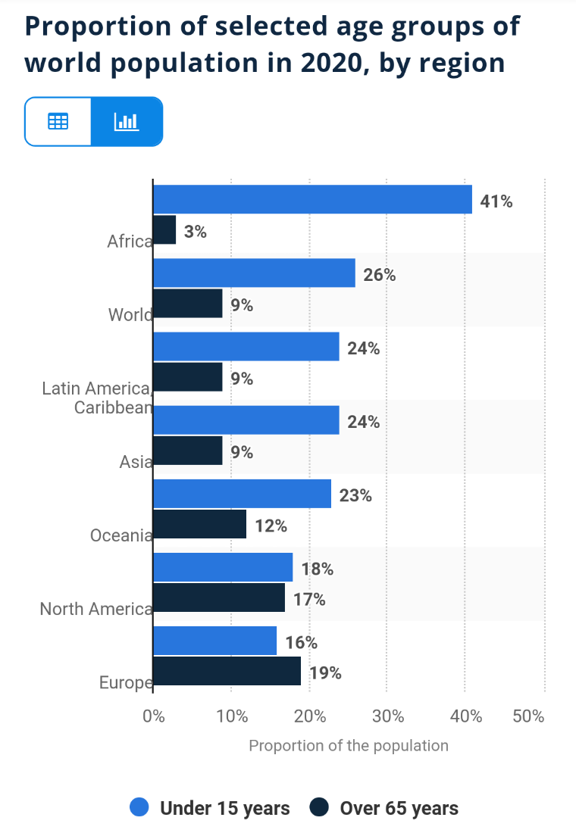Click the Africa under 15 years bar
click(x=312, y=199)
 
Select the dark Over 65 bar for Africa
click(x=164, y=230)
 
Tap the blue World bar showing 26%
click(x=254, y=273)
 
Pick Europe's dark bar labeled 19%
click(x=227, y=672)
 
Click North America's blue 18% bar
click(x=223, y=567)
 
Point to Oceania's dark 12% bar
click(x=199, y=524)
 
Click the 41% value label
click(x=496, y=201)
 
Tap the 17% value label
click(x=309, y=600)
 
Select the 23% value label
click(x=355, y=496)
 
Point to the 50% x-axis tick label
click(x=528, y=716)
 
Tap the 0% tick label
click(x=154, y=716)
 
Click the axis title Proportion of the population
click(x=349, y=745)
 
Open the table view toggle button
click(x=58, y=121)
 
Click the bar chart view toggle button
click(x=126, y=121)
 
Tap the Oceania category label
click(x=121, y=535)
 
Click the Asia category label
click(x=136, y=461)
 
